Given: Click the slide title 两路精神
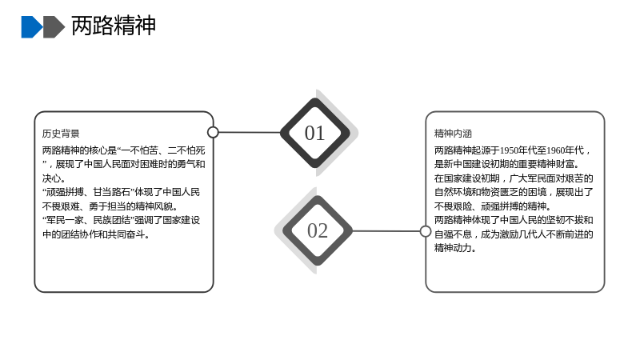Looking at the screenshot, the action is [x=114, y=26].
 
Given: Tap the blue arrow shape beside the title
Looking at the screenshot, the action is [x=32, y=27].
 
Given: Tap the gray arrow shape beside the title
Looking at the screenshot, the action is [x=54, y=27].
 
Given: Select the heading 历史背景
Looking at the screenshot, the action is [x=61, y=134].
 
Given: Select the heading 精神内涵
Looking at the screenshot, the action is [x=453, y=134].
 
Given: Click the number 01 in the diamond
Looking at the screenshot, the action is [x=314, y=133].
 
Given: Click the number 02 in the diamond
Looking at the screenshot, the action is [x=318, y=230].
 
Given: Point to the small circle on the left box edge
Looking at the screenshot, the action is [x=213, y=132].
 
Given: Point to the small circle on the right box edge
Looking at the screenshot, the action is [x=426, y=231].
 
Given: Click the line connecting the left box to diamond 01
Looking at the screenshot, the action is [x=250, y=132].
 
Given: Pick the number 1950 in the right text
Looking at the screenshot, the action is [x=510, y=150].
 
